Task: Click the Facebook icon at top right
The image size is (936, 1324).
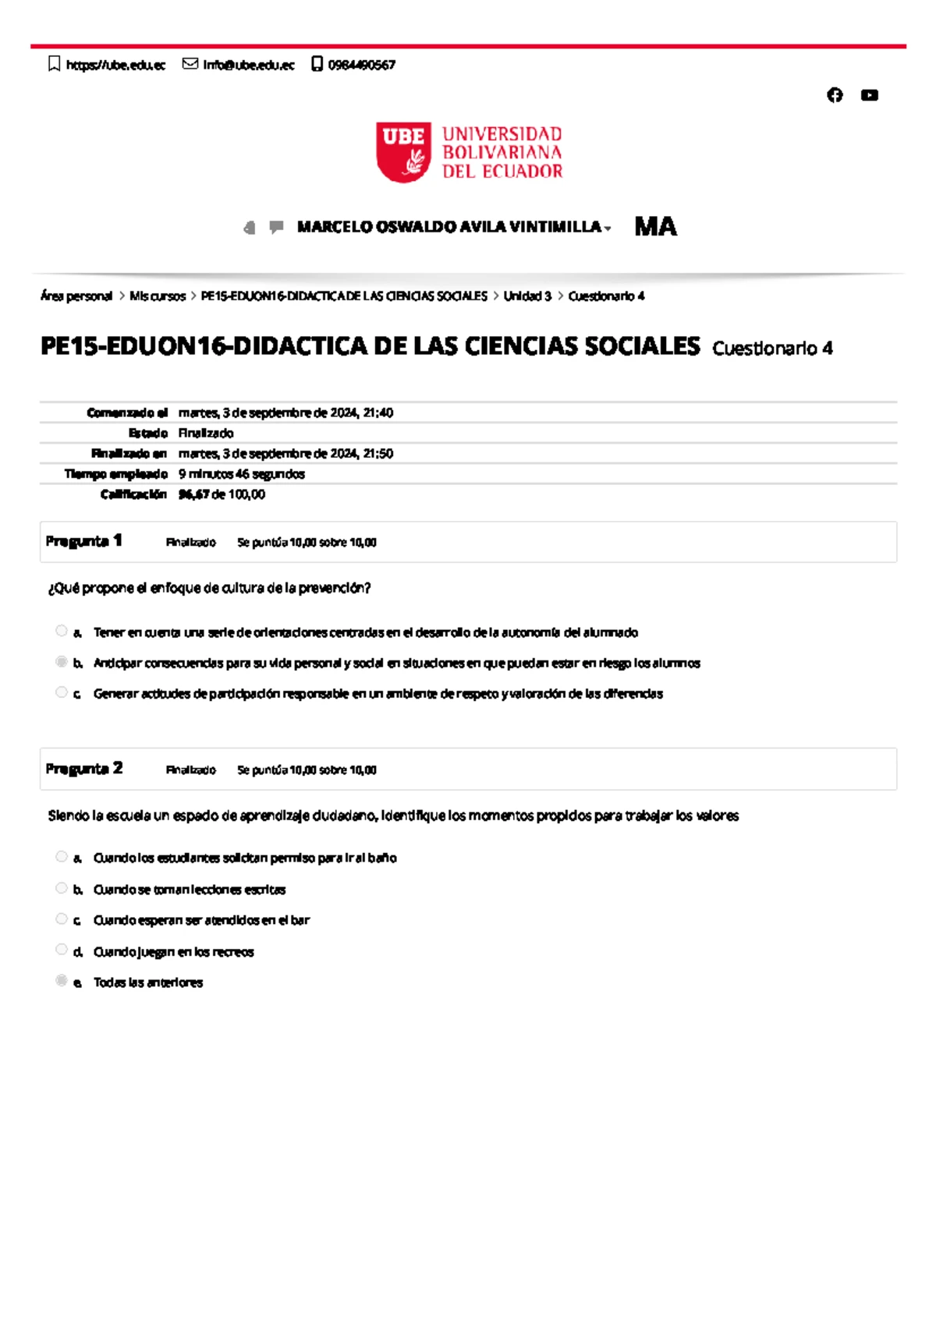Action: pyautogui.click(x=835, y=95)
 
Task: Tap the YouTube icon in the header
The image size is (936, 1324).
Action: pyautogui.click(x=869, y=95)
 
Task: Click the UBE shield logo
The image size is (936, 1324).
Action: pyautogui.click(x=403, y=152)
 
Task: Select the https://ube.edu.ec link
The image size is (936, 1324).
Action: pyautogui.click(x=115, y=65)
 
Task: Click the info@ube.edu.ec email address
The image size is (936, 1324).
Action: pyautogui.click(x=248, y=65)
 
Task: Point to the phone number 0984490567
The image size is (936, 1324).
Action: pyautogui.click(x=361, y=65)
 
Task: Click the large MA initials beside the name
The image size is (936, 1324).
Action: pyautogui.click(x=655, y=227)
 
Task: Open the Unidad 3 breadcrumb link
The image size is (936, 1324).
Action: pyautogui.click(x=526, y=296)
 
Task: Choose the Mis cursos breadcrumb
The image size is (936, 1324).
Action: pyautogui.click(x=158, y=296)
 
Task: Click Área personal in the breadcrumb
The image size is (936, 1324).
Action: pyautogui.click(x=76, y=296)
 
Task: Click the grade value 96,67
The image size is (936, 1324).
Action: pyautogui.click(x=193, y=494)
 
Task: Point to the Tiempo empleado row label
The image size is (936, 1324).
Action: pyautogui.click(x=116, y=474)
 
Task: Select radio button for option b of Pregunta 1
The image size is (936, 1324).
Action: pyautogui.click(x=62, y=662)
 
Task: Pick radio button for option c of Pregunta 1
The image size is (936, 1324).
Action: pyautogui.click(x=62, y=692)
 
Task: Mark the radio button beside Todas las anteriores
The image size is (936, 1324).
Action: pyautogui.click(x=62, y=981)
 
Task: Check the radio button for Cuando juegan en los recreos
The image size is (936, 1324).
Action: pyautogui.click(x=62, y=950)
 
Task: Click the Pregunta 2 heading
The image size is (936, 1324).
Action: pyautogui.click(x=84, y=769)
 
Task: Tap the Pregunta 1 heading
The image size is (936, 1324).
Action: pyautogui.click(x=84, y=541)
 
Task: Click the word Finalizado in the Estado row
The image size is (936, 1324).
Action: pyautogui.click(x=206, y=434)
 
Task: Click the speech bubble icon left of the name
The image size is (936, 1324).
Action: pyautogui.click(x=276, y=227)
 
